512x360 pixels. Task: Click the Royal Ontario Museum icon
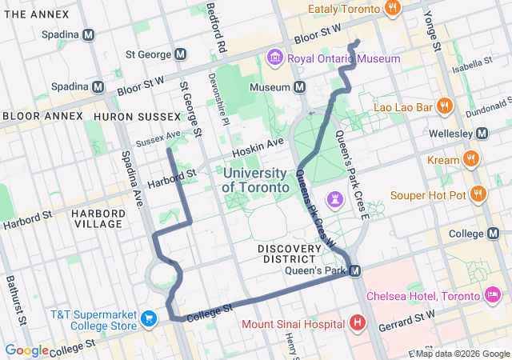274,58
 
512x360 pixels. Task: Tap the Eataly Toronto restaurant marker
392,9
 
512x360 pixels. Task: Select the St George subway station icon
180,54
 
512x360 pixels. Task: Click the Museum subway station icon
299,86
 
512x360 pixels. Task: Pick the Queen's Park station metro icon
355,271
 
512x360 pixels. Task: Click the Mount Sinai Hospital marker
357,324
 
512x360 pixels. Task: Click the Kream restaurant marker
472,160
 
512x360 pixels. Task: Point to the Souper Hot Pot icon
478,194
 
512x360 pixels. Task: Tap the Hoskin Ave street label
258,146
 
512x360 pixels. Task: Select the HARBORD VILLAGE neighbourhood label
98,218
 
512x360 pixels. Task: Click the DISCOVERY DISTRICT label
290,254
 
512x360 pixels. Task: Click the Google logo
26,350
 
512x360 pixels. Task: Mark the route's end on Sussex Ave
167,149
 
